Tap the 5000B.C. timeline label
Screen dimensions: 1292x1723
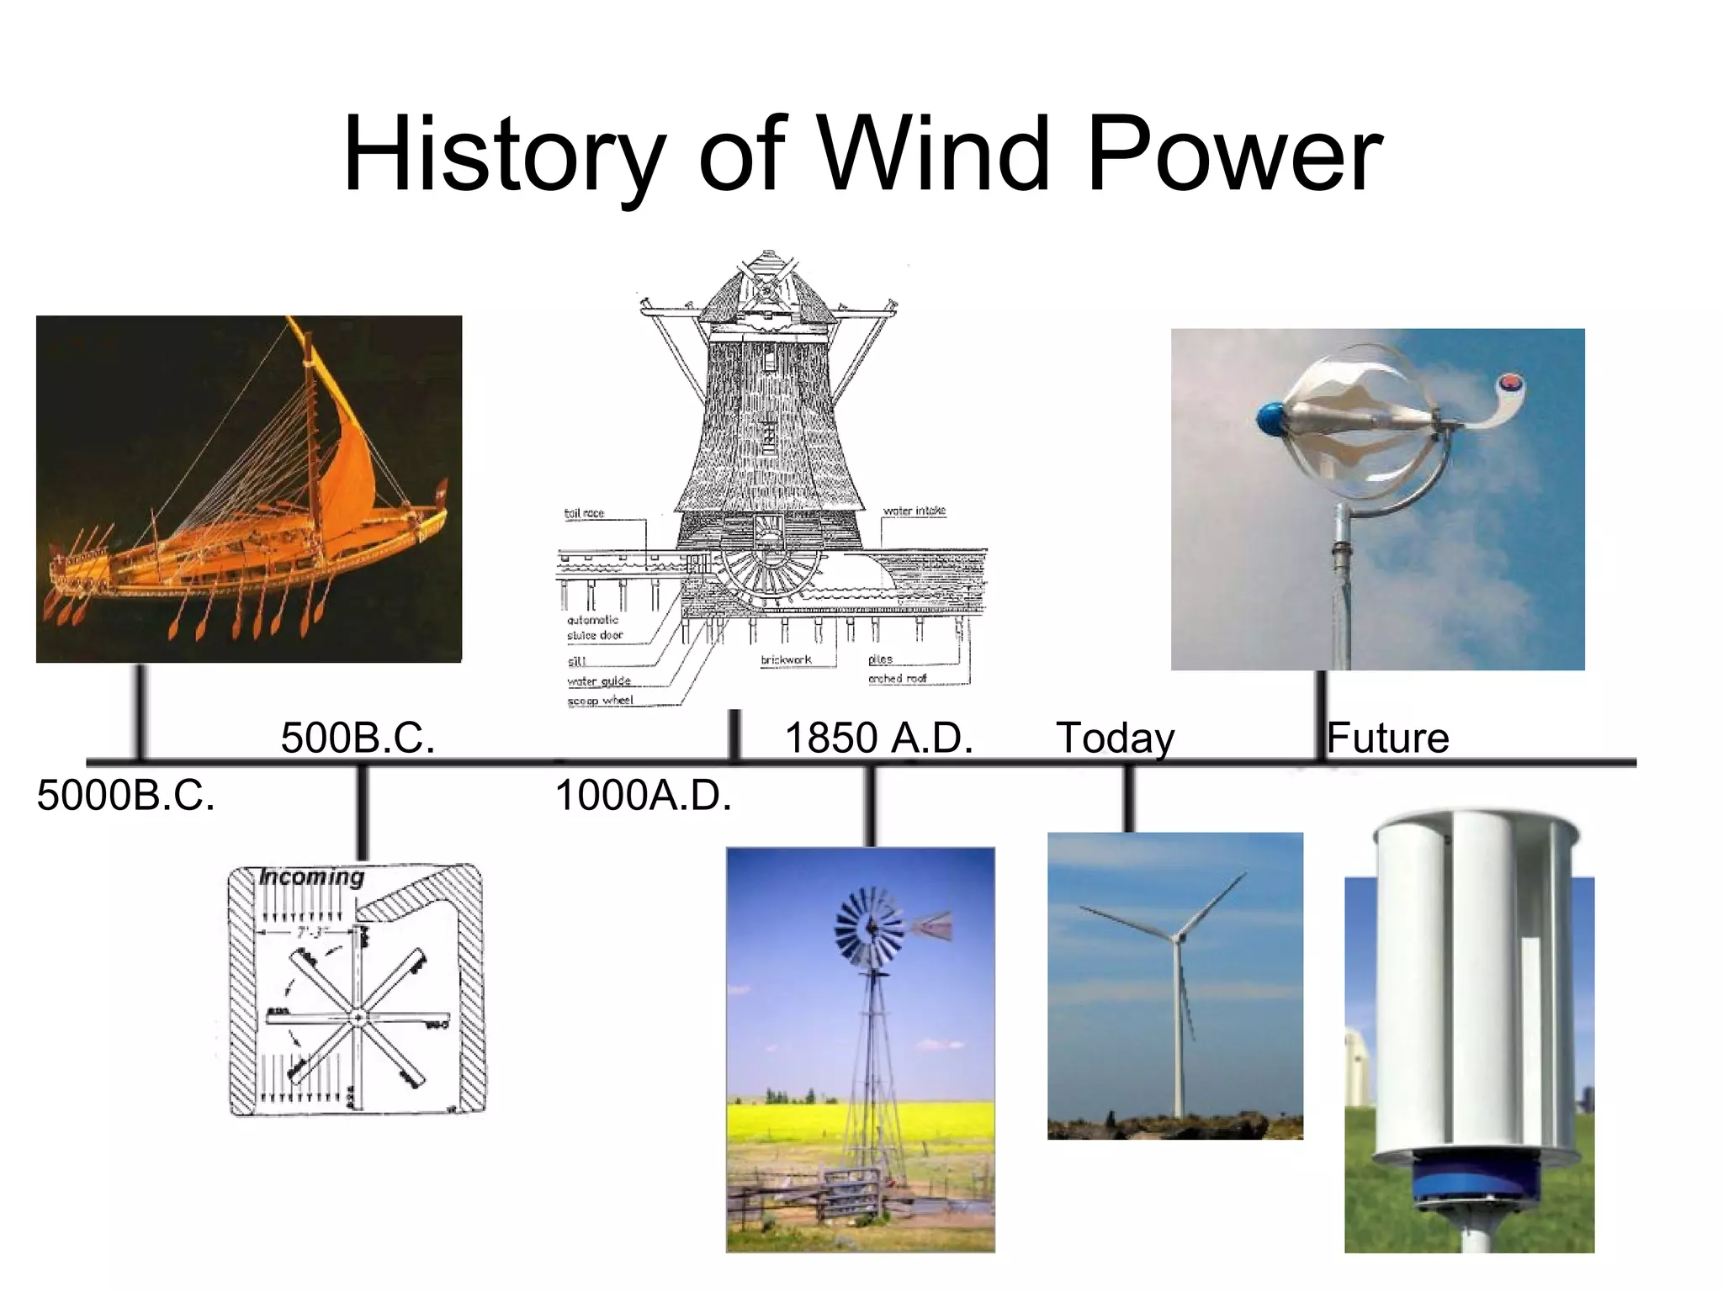click(126, 795)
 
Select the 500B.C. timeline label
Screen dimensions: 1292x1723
click(358, 738)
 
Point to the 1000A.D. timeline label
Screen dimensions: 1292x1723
click(644, 795)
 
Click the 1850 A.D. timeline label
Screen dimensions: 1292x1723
click(878, 738)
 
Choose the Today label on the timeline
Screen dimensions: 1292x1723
click(1115, 738)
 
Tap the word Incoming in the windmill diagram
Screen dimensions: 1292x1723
click(311, 876)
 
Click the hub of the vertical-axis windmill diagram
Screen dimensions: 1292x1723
click(358, 1017)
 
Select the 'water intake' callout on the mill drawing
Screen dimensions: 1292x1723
click(914, 511)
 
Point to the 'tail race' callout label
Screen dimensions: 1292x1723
click(584, 513)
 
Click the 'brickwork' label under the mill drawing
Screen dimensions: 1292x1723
click(786, 659)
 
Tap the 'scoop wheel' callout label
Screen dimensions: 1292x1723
click(600, 700)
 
